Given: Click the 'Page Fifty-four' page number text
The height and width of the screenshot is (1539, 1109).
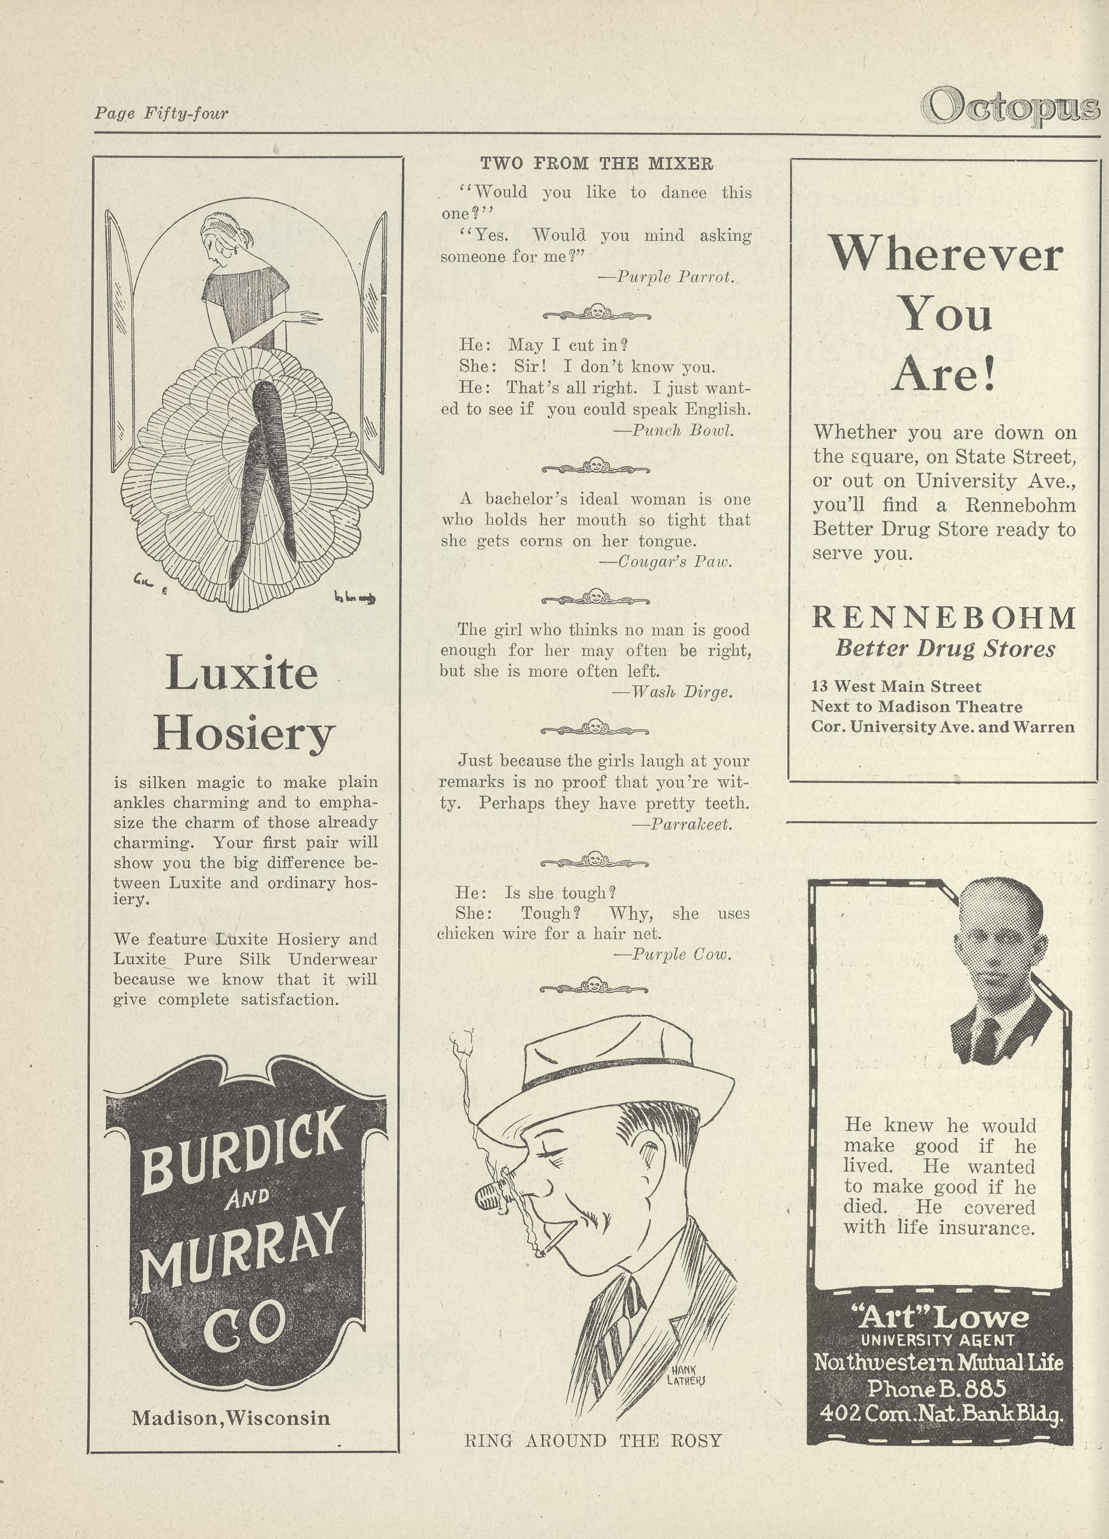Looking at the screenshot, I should point(162,113).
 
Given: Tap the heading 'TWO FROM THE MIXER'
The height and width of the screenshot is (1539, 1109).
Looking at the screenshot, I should point(596,164).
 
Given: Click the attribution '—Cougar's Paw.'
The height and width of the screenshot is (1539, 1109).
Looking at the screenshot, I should point(665,562).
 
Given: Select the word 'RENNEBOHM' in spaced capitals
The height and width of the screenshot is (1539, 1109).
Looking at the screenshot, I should point(944,618).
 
